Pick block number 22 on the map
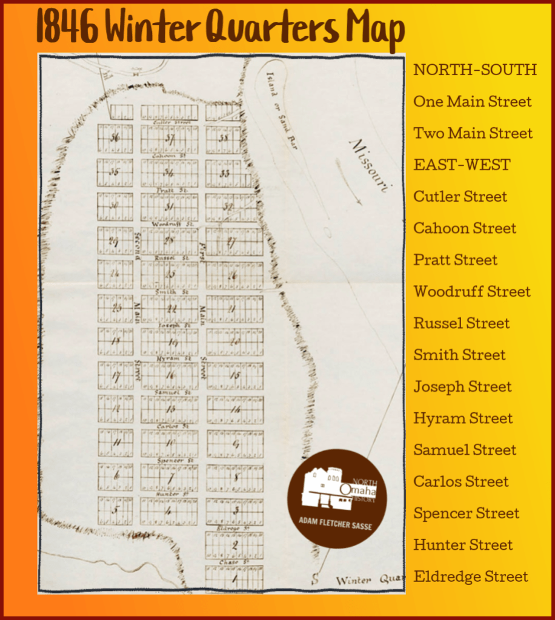[170, 309]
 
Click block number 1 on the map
[235, 578]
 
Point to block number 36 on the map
[115, 137]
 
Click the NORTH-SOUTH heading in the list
[475, 70]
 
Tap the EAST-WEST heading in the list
[462, 165]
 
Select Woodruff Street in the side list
[472, 291]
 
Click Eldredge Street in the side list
[471, 576]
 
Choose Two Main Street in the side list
[473, 133]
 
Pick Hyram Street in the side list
[463, 418]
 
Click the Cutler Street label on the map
[169, 122]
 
